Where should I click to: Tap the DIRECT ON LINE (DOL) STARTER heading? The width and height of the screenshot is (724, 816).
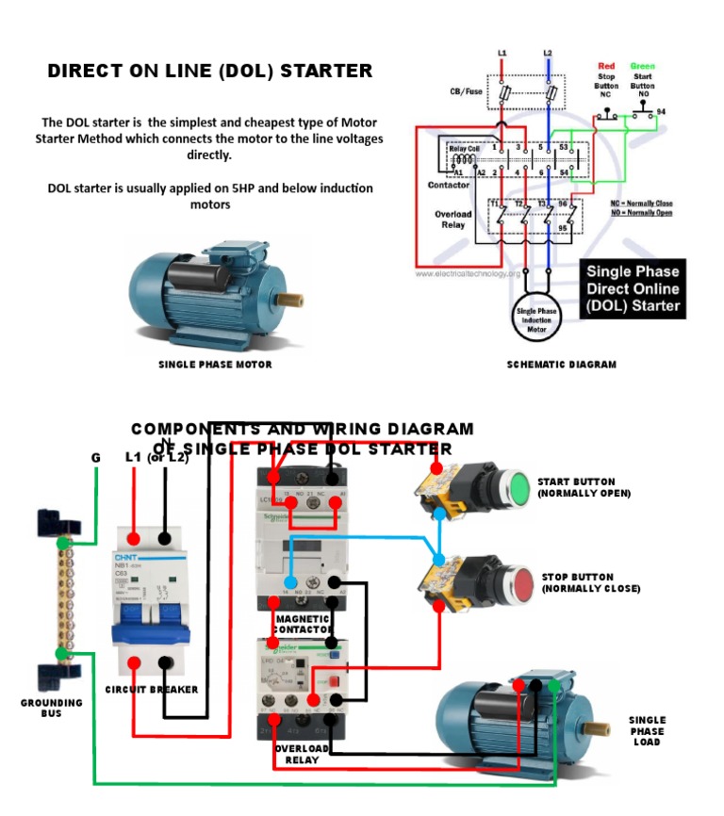click(x=210, y=72)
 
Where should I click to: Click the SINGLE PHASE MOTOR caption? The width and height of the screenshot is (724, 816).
click(x=215, y=365)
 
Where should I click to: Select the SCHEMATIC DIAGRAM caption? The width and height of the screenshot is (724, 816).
click(x=561, y=365)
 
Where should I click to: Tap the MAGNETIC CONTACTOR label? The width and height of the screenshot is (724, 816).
click(x=303, y=623)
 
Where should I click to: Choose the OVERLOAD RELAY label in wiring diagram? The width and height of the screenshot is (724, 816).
click(x=302, y=754)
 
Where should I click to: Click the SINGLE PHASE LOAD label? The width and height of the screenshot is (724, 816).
click(x=647, y=731)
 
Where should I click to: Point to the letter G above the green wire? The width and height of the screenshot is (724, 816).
click(x=95, y=457)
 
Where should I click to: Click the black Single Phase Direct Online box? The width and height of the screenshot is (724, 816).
click(x=633, y=288)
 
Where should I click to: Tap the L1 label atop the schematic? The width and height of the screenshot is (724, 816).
click(x=502, y=53)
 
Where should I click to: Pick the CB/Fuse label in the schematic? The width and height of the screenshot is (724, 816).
click(x=467, y=92)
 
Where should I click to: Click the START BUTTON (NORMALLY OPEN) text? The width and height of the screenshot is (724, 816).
click(x=584, y=487)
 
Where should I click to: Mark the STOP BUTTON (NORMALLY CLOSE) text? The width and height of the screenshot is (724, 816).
click(x=590, y=582)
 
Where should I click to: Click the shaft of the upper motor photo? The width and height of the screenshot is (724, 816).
click(x=289, y=299)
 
